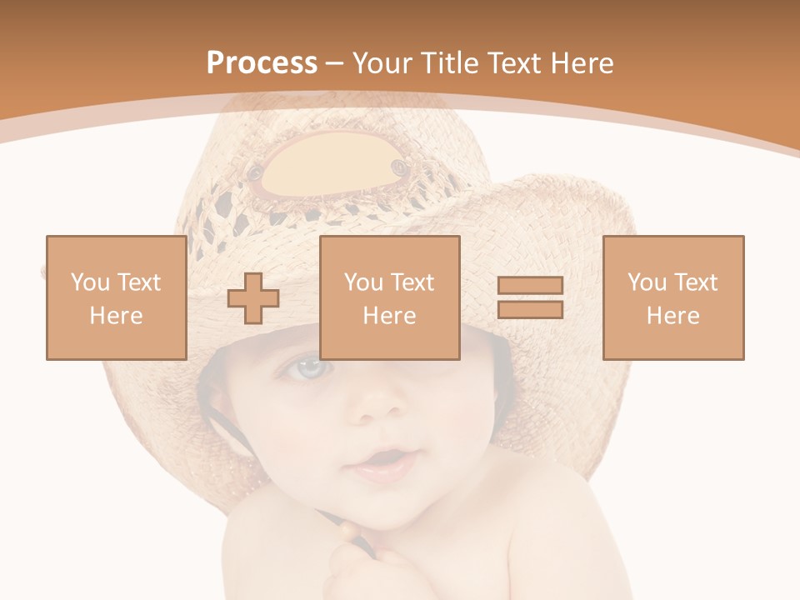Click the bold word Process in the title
(x=262, y=63)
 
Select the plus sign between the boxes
(x=253, y=298)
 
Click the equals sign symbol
(x=530, y=297)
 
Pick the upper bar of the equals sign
(x=530, y=286)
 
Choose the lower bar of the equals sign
(x=530, y=309)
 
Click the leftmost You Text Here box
(x=116, y=297)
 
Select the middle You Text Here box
(x=389, y=297)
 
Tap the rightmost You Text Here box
(x=672, y=297)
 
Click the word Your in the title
(x=382, y=63)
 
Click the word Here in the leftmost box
(x=116, y=316)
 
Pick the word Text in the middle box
(x=412, y=282)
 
